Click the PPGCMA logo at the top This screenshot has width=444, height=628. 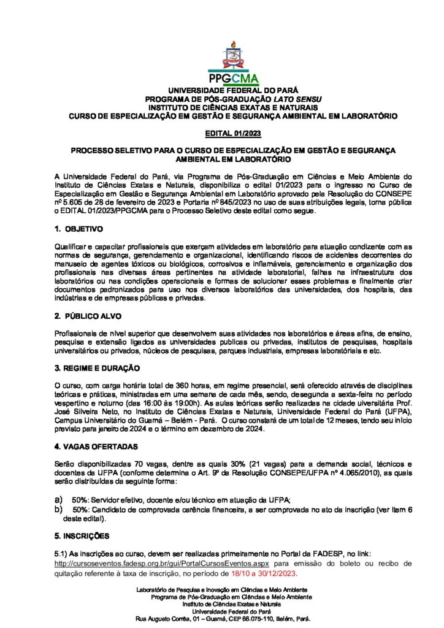tap(232, 65)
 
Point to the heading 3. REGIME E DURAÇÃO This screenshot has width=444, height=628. tap(97, 368)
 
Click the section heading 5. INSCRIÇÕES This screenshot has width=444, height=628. tap(82, 535)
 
